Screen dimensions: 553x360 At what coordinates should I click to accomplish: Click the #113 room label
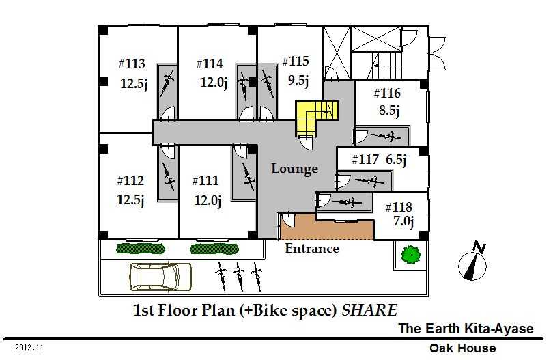pos(132,64)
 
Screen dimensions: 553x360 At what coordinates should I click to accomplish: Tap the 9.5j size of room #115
pos(298,81)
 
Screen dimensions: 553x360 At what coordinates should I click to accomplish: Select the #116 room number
pos(387,94)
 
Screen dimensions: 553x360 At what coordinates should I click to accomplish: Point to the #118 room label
pos(399,207)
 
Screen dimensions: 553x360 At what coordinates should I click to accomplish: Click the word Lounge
pos(294,169)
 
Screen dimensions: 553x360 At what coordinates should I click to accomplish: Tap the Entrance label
pos(312,249)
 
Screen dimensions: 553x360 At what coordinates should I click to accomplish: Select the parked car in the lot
pos(160,277)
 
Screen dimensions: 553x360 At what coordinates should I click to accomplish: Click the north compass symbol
pos(474,261)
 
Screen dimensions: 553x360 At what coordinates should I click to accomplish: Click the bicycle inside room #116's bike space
pos(386,136)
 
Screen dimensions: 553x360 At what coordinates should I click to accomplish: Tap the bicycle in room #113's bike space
pos(167,83)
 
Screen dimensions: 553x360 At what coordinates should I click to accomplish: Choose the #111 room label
pos(205,181)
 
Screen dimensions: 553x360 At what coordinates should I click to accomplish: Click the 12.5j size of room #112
pos(130,200)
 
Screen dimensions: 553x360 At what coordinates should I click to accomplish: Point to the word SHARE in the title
pos(369,310)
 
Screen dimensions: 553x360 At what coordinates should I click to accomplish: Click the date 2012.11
pos(29,348)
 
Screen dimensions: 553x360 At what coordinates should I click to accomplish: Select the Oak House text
pos(462,348)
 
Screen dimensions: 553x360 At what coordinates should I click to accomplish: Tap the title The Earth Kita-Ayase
pos(466,329)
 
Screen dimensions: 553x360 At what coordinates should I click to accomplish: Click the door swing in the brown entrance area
pos(288,220)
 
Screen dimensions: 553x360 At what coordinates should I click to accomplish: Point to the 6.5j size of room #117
pos(396,160)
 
